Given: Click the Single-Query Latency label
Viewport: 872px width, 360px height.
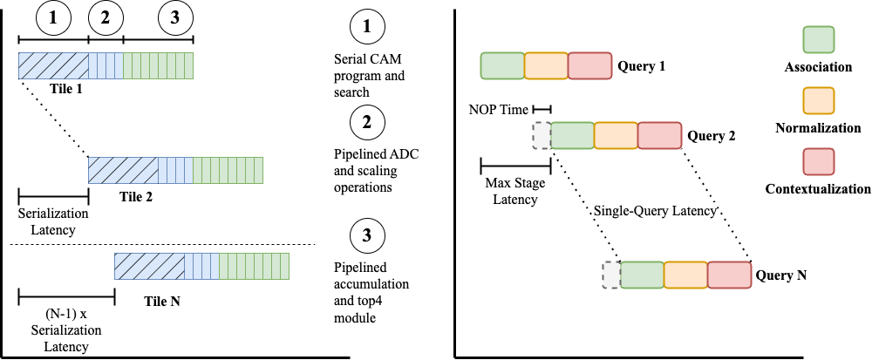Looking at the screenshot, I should tap(655, 211).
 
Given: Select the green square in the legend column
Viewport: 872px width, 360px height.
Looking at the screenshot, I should tap(818, 40).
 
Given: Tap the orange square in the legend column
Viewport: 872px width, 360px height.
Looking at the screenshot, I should tap(818, 101).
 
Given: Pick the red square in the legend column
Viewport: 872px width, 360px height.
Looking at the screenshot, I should tap(818, 162).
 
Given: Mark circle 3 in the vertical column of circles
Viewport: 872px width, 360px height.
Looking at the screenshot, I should tap(367, 235).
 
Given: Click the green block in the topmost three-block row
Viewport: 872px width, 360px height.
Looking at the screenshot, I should tap(502, 66).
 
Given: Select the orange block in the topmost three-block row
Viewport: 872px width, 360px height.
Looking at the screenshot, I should tap(546, 66).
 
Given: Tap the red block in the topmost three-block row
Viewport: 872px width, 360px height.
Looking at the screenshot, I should tap(589, 66).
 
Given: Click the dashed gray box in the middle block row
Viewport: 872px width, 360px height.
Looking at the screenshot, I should tap(542, 135).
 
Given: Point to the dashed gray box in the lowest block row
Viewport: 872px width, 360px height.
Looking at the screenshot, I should tap(611, 275).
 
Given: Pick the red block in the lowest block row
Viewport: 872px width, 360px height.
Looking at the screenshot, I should tap(729, 275).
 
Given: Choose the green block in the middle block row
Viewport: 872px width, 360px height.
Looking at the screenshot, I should tap(572, 135).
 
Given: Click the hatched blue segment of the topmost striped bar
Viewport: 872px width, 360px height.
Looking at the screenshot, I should tap(53, 65).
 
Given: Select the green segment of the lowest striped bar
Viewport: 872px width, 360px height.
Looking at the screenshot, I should tap(254, 266).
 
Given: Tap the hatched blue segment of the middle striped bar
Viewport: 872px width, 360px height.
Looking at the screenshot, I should tap(123, 170).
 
